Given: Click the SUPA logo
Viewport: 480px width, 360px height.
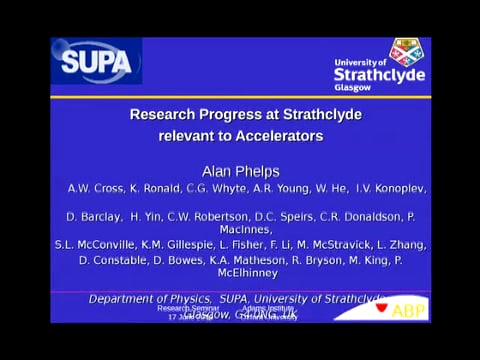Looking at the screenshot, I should point(96,61).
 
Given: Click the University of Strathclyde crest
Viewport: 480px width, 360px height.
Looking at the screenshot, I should point(404,51).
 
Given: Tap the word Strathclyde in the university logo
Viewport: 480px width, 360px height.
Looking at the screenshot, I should point(379,74).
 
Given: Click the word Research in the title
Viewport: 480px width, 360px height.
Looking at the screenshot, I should point(166,114).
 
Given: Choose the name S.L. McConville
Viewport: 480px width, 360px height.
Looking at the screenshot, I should point(95,244).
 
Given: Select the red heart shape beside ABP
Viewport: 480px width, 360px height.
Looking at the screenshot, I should point(381,307).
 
